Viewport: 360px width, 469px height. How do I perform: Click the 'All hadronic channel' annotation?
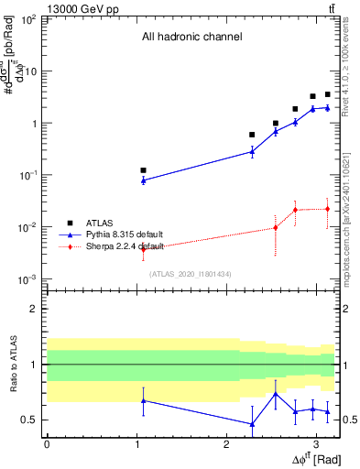(x=191, y=38)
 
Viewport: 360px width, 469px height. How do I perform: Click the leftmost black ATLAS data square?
(x=143, y=170)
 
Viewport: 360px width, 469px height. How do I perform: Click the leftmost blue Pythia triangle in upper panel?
(x=143, y=180)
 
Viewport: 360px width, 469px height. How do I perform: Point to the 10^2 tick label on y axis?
(x=27, y=19)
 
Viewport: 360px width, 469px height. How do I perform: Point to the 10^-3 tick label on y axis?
(x=27, y=278)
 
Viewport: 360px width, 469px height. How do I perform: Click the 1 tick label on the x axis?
(x=136, y=443)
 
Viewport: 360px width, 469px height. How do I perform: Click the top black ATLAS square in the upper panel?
(x=327, y=94)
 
